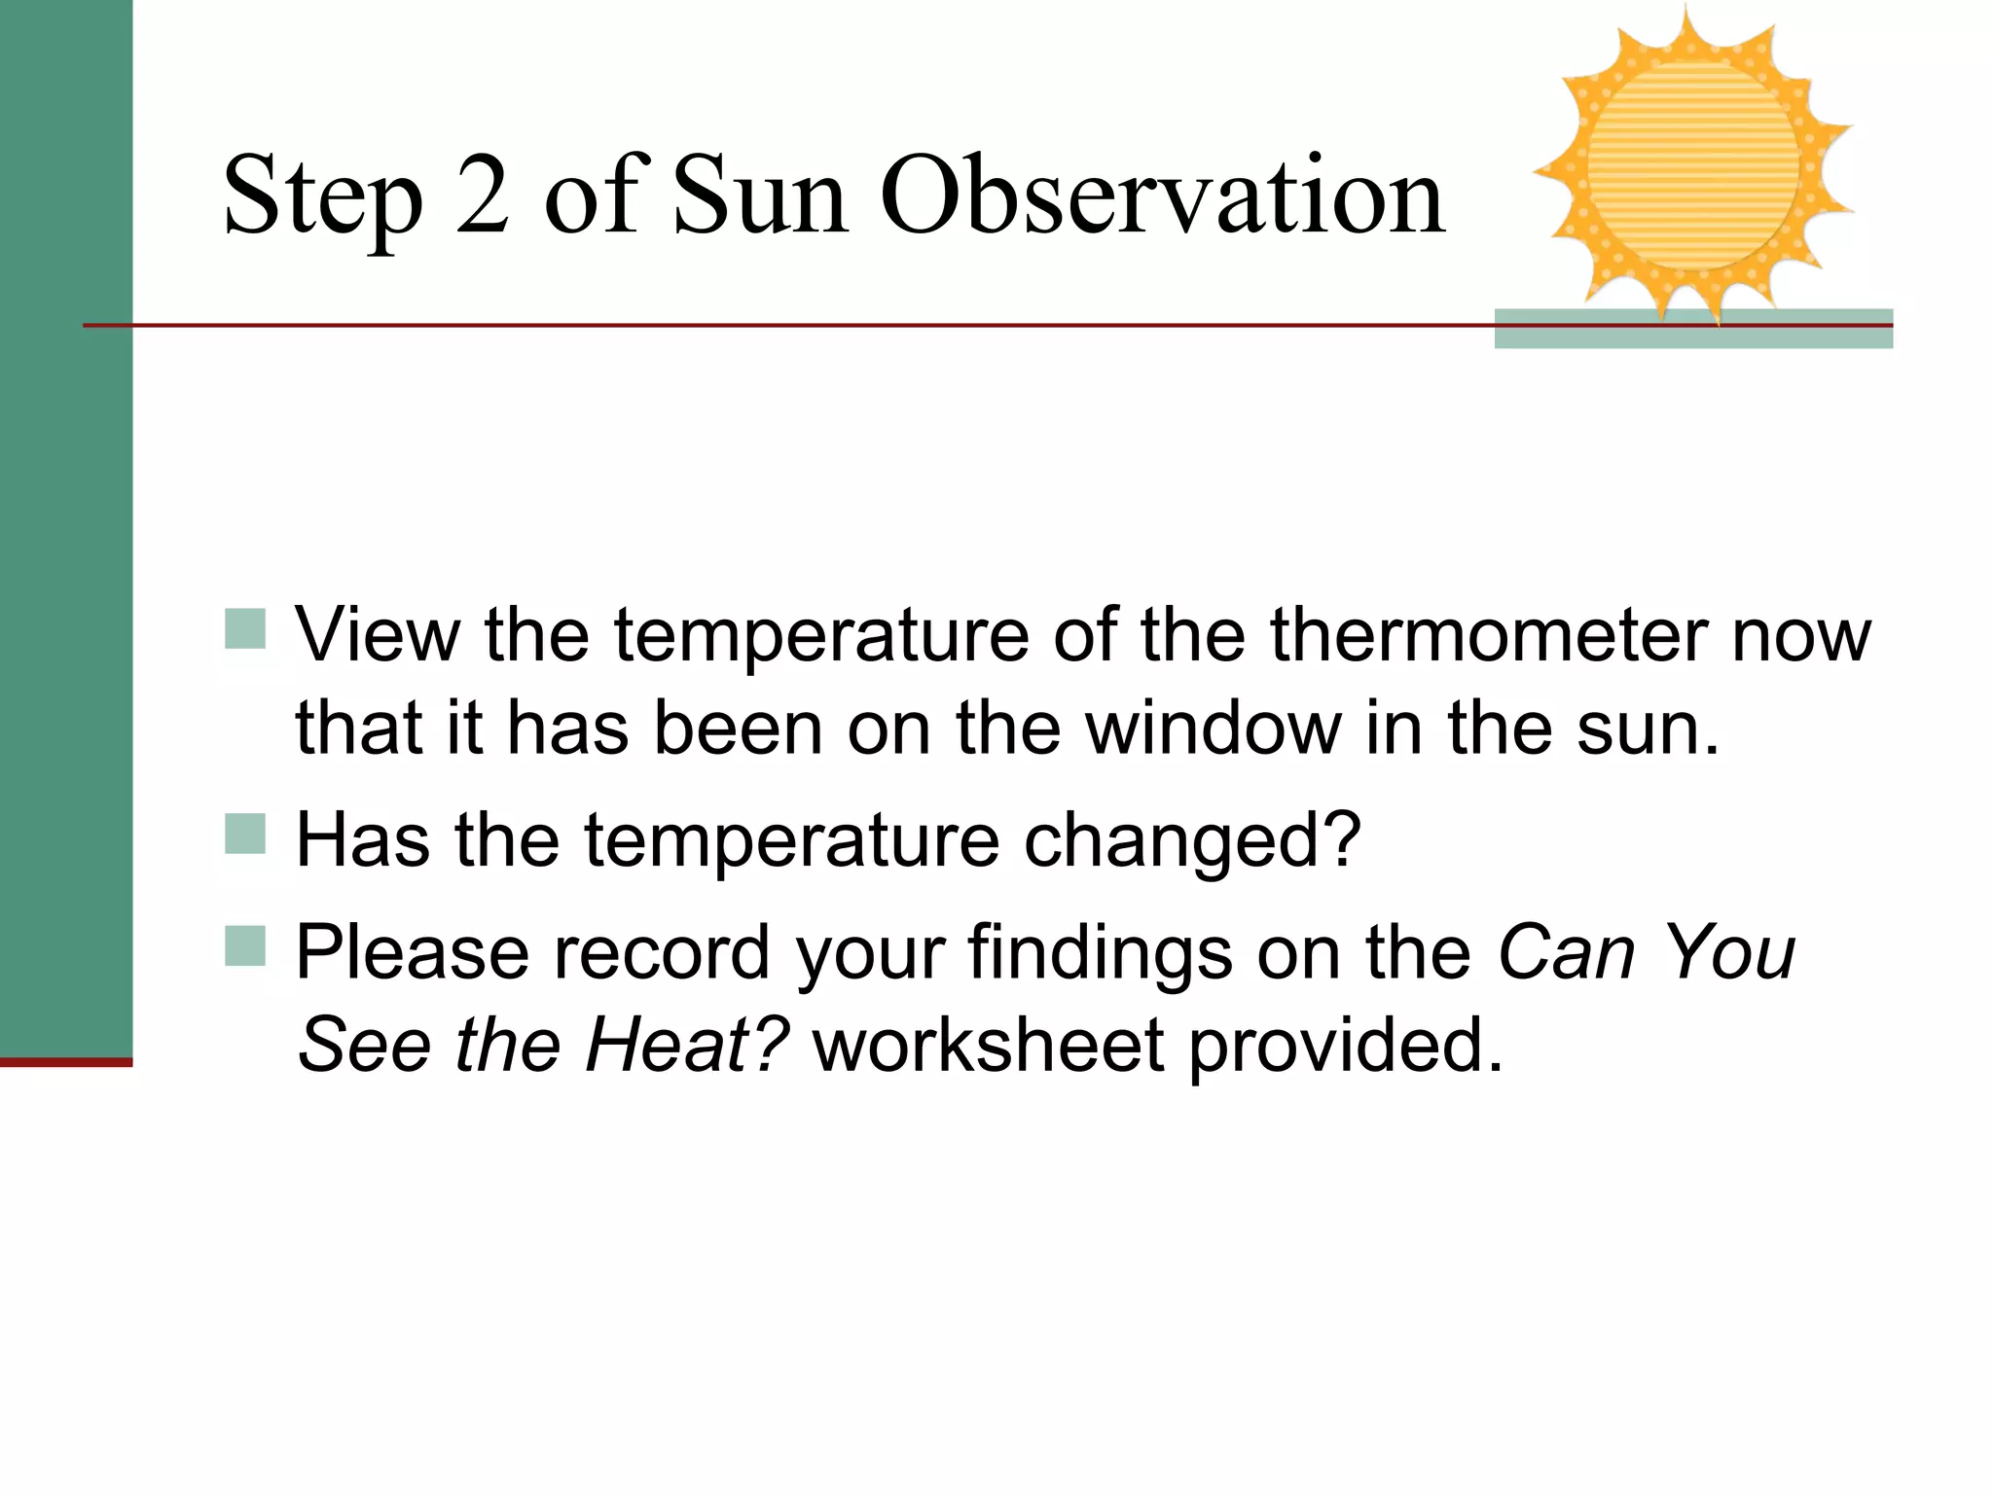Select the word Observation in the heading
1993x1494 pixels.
[1163, 196]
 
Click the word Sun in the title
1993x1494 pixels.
[760, 196]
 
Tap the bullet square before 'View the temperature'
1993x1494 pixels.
[245, 629]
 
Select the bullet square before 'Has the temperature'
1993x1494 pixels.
[245, 835]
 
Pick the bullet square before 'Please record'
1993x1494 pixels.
[245, 945]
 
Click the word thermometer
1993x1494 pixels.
[1488, 635]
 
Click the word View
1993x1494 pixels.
[378, 635]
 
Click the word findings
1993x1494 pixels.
[1100, 953]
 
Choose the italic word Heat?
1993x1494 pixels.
[686, 1045]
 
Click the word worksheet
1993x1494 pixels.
[989, 1045]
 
